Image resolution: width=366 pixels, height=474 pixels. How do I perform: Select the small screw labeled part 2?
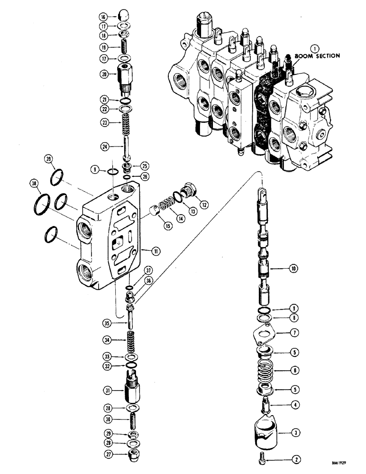pyautogui.click(x=271, y=458)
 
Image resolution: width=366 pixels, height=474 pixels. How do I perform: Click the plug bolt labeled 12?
pyautogui.click(x=187, y=190)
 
